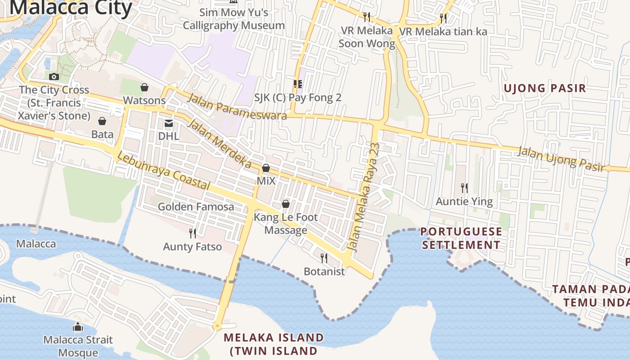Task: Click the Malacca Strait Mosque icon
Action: (x=77, y=326)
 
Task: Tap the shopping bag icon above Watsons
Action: (x=144, y=87)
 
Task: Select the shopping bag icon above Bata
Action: (x=102, y=121)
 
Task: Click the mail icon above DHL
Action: (x=168, y=123)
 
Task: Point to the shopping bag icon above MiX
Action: (x=266, y=168)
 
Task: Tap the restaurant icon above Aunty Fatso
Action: (x=193, y=233)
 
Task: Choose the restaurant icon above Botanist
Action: (x=324, y=258)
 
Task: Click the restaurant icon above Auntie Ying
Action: (x=464, y=188)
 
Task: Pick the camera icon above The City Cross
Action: (x=54, y=76)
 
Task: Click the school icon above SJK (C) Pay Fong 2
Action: (x=297, y=84)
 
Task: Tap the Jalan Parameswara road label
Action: (x=237, y=106)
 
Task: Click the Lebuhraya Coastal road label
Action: (x=163, y=171)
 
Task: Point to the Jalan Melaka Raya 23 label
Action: (x=364, y=197)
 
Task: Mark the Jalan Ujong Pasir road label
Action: (x=560, y=159)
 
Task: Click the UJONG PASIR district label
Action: (x=544, y=88)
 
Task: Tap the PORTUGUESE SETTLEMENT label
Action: (x=461, y=238)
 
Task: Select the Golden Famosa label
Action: (x=196, y=207)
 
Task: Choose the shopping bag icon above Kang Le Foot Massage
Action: (x=285, y=204)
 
